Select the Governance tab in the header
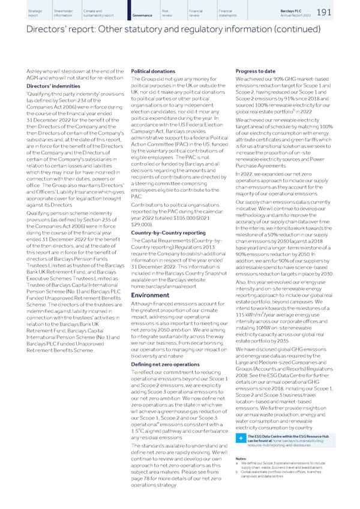click(142, 14)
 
